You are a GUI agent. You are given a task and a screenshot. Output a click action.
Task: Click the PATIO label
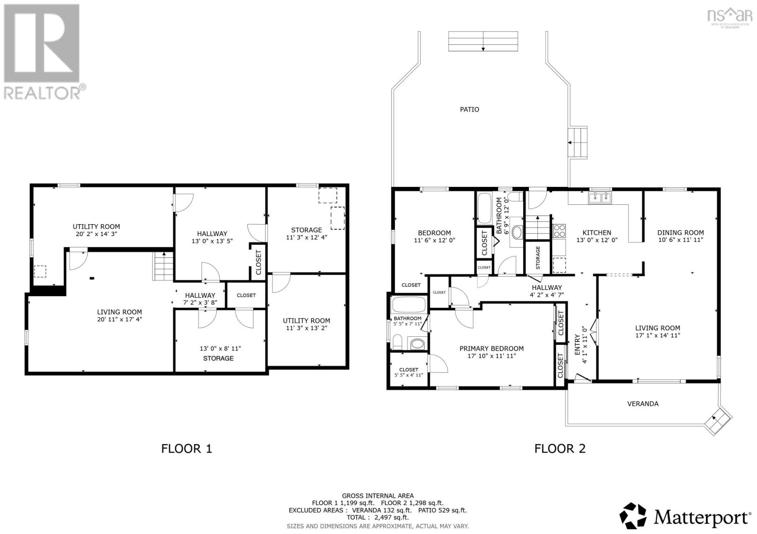469,109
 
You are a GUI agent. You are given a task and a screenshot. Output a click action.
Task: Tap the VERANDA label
643,403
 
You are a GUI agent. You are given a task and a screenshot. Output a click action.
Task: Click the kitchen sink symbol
599,197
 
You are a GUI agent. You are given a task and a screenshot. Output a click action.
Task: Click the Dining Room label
680,232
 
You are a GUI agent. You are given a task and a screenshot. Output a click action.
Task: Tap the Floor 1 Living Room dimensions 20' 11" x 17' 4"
119,319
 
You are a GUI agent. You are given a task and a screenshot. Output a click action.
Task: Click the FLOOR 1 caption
186,448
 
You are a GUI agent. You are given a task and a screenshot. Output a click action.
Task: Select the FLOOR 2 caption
560,448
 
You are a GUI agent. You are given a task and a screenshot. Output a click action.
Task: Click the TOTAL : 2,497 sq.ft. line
378,518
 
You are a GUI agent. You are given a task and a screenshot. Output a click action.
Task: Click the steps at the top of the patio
483,41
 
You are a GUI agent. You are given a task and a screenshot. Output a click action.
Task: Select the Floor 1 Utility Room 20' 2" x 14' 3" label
96,230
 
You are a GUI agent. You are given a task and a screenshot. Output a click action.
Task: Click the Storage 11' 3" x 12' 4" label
306,234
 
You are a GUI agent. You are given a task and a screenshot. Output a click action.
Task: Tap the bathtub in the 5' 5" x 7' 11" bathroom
409,305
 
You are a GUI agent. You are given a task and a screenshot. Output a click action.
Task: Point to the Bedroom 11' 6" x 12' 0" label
434,236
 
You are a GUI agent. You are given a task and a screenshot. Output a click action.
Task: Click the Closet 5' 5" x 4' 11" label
408,372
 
